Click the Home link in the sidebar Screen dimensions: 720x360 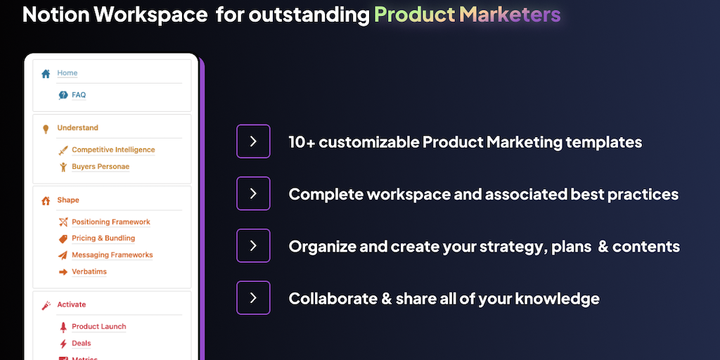(67, 73)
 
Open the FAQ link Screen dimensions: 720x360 (79, 95)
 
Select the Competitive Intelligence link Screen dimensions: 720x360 (113, 150)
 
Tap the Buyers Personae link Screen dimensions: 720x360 (101, 166)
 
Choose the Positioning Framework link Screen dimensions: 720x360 (110, 221)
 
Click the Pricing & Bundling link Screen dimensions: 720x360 (103, 238)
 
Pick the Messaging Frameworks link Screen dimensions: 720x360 (112, 255)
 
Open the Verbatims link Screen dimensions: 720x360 (89, 271)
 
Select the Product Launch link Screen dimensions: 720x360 (98, 326)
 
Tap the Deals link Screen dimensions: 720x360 (82, 343)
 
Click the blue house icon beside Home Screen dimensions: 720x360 (46, 73)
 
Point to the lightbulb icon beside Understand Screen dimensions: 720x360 (46, 129)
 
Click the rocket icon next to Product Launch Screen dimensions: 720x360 (63, 327)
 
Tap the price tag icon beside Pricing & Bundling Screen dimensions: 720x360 (63, 239)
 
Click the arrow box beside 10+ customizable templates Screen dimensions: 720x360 (253, 141)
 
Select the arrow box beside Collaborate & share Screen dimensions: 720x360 (253, 298)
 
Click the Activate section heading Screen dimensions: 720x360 (71, 304)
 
